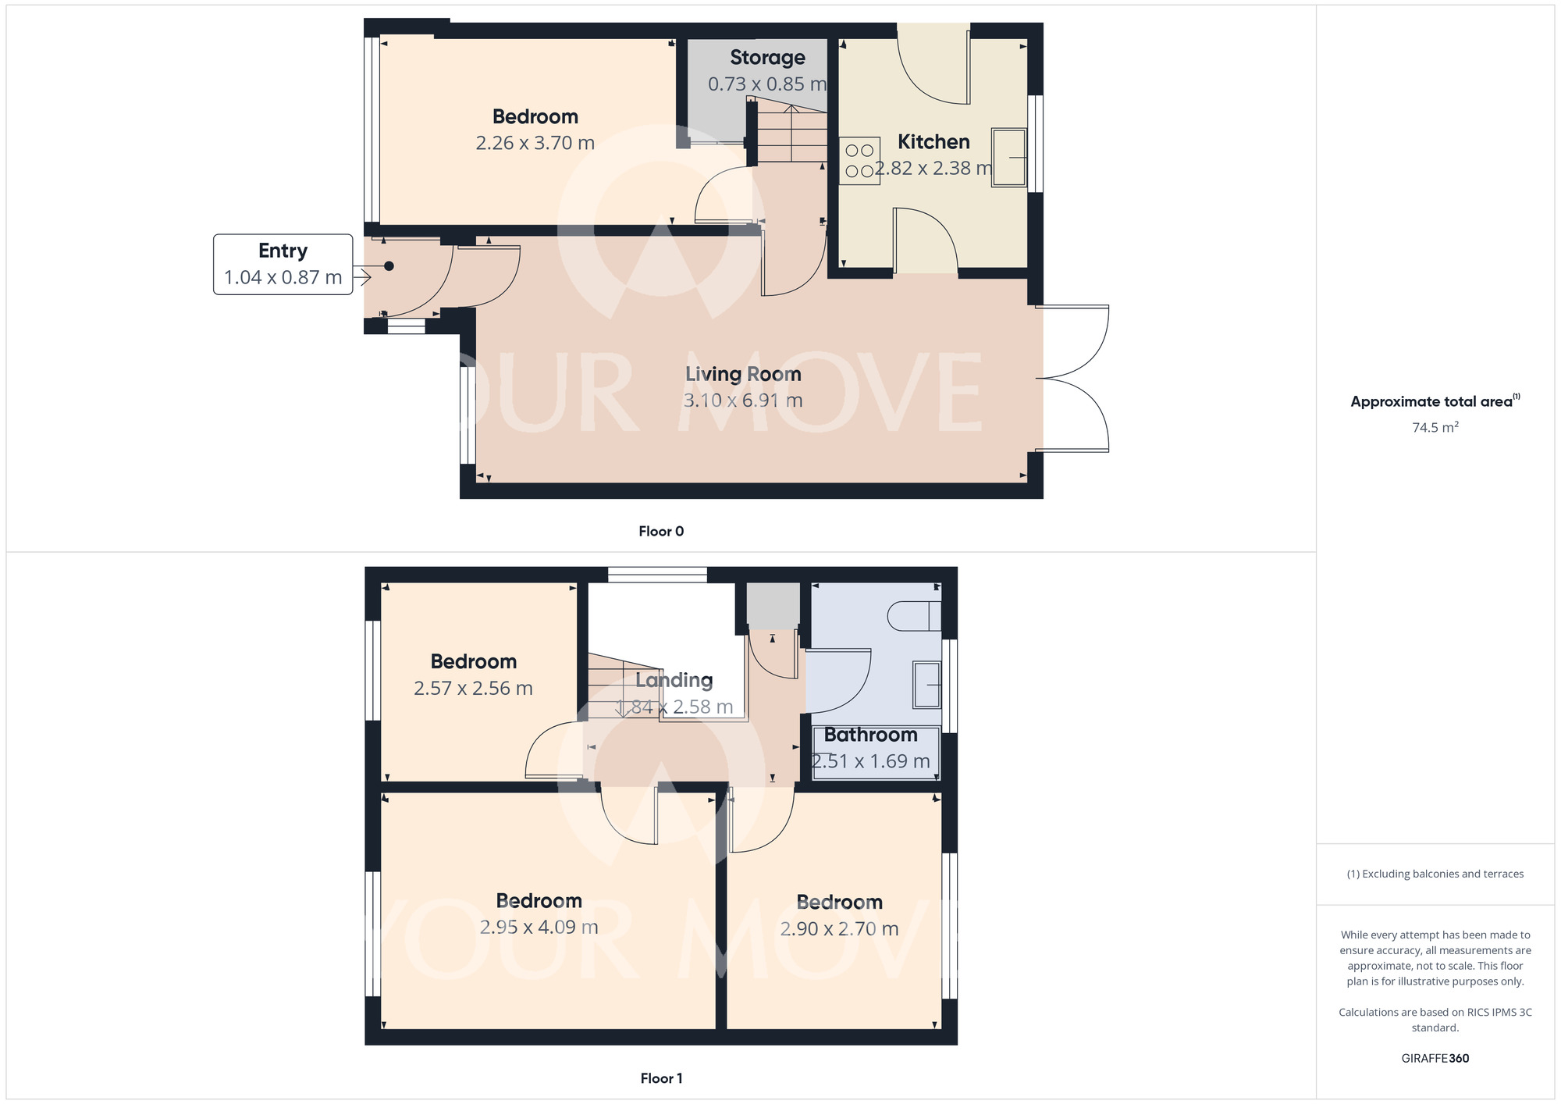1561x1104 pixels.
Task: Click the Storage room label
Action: coord(767,58)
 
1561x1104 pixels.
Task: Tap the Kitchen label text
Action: coord(933,142)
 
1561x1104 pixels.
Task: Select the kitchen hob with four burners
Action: coord(859,161)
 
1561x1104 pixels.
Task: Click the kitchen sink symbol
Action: coord(1009,158)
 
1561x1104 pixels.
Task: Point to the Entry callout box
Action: coord(283,264)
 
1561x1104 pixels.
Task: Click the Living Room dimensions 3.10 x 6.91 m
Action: coord(743,401)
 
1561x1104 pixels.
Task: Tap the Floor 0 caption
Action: coord(661,532)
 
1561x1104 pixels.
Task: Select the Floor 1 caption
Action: coord(661,1078)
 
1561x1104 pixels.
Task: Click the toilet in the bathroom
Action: coord(914,616)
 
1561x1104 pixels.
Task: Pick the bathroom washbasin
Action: coord(927,685)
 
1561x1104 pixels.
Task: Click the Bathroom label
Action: coord(870,735)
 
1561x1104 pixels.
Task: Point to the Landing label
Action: coord(674,681)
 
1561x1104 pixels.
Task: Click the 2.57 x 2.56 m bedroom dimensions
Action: coord(473,689)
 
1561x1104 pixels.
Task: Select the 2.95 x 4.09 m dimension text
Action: coord(539,928)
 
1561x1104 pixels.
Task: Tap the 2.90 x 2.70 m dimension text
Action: coord(839,929)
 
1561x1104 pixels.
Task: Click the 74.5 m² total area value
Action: coord(1435,427)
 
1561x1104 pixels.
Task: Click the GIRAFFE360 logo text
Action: coord(1435,1059)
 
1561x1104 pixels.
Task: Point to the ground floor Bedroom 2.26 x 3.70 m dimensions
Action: coord(535,144)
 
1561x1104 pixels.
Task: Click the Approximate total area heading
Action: coord(1435,401)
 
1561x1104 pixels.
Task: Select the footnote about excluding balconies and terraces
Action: coord(1435,874)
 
